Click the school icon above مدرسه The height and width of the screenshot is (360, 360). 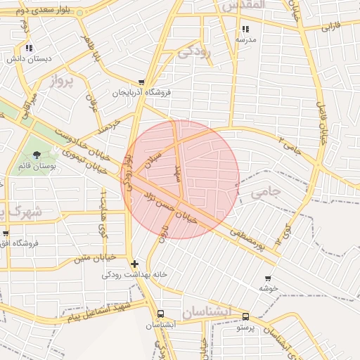(245, 30)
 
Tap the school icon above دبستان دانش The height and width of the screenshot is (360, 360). (28, 49)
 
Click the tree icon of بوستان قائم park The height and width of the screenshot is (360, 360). (37, 155)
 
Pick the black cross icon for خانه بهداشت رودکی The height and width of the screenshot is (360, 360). (134, 264)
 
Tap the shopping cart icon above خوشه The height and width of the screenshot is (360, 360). (268, 278)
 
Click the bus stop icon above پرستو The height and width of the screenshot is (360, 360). (245, 317)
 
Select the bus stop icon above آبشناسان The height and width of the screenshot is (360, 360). (161, 314)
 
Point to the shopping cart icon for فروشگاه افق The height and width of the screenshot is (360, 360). (6, 233)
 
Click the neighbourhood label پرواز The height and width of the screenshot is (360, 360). (62, 81)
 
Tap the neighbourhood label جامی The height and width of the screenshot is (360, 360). (265, 191)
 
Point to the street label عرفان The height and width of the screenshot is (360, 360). (91, 103)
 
